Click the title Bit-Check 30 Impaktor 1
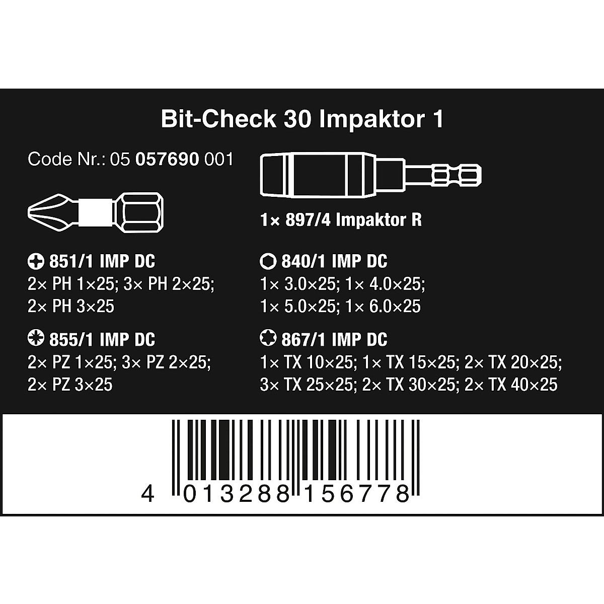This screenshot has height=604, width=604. click(x=302, y=119)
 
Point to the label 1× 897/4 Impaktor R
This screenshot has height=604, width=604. click(x=341, y=220)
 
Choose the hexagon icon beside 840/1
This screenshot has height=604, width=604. click(x=266, y=262)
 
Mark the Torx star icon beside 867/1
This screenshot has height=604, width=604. click(x=266, y=340)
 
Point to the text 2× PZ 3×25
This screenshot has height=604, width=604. click(x=70, y=385)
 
